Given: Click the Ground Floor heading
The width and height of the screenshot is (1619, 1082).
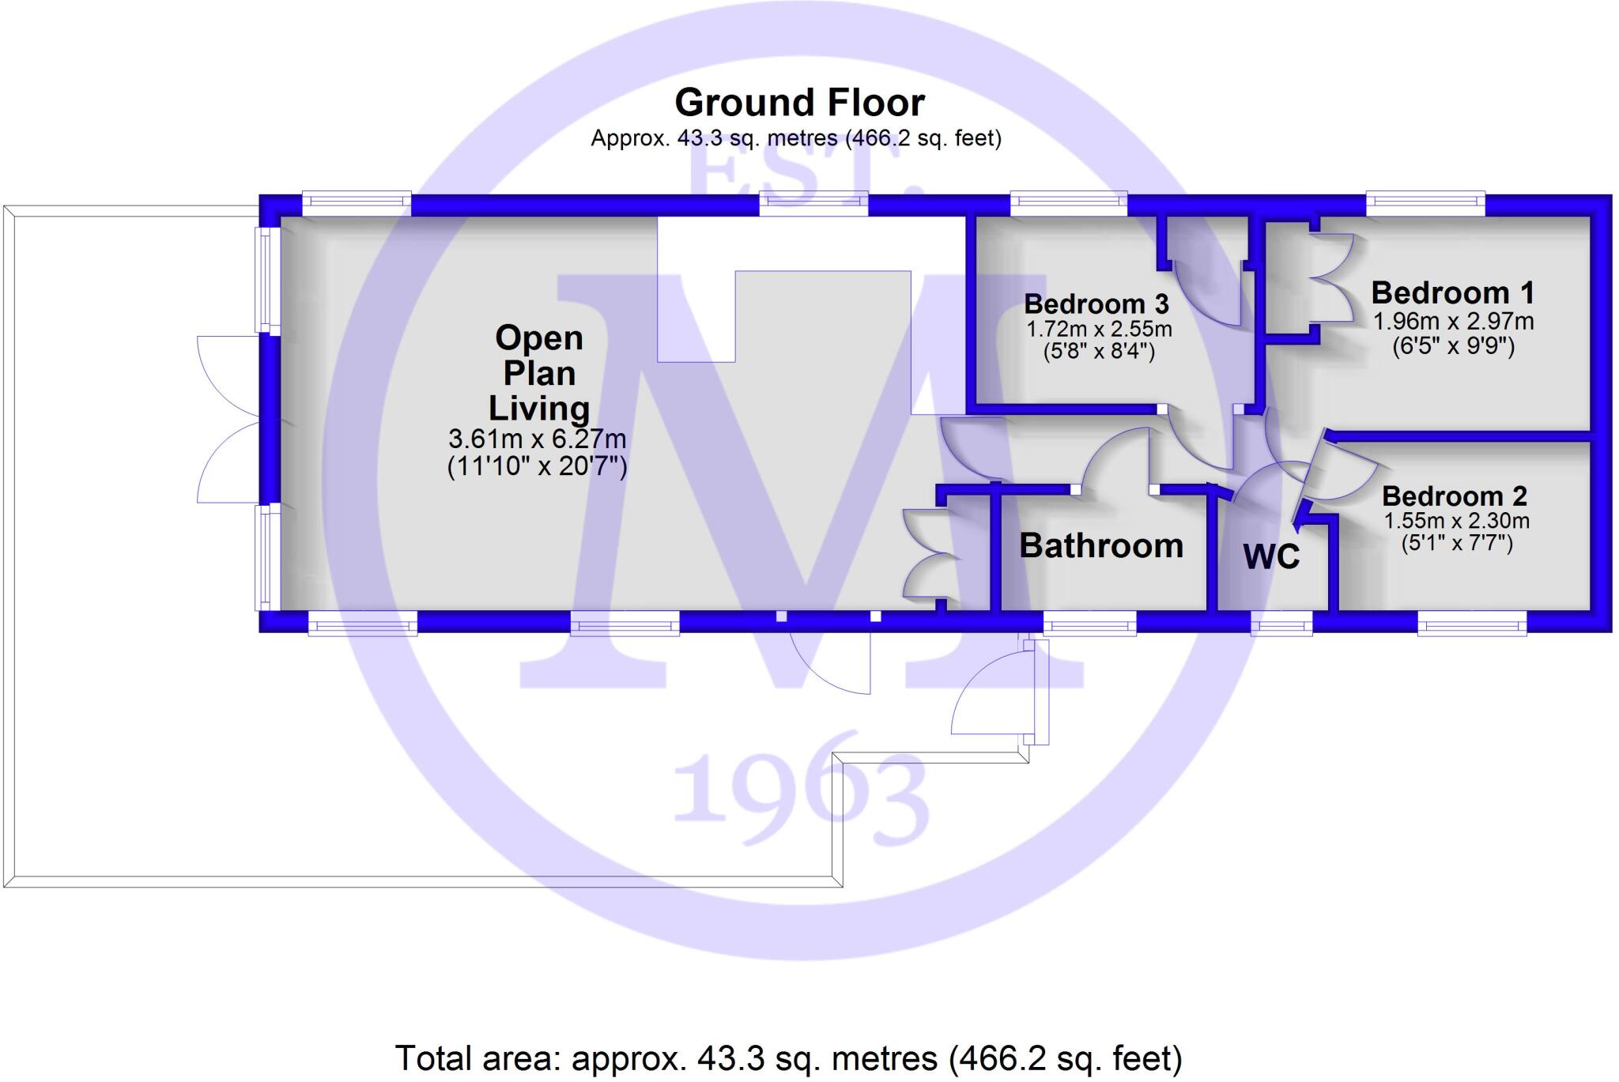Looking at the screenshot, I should click(799, 103).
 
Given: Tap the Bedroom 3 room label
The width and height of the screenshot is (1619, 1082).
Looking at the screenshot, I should click(1096, 304).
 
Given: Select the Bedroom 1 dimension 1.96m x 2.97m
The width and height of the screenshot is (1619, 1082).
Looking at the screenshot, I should click(1453, 322).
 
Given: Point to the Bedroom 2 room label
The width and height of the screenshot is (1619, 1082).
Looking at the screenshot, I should click(1454, 496).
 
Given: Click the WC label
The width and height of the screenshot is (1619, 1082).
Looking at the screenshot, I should click(1271, 557).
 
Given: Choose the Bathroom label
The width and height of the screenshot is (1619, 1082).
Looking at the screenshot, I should click(1100, 546).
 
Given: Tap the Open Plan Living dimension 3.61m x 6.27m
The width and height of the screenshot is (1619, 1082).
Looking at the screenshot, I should click(537, 439).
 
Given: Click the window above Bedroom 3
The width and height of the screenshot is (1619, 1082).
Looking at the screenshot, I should click(1068, 204).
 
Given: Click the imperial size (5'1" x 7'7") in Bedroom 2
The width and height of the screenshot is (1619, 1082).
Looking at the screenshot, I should click(1456, 544).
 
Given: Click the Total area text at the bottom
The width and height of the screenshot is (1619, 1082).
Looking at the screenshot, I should click(788, 1057).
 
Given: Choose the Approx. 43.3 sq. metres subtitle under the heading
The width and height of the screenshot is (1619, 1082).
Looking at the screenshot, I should click(795, 139).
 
